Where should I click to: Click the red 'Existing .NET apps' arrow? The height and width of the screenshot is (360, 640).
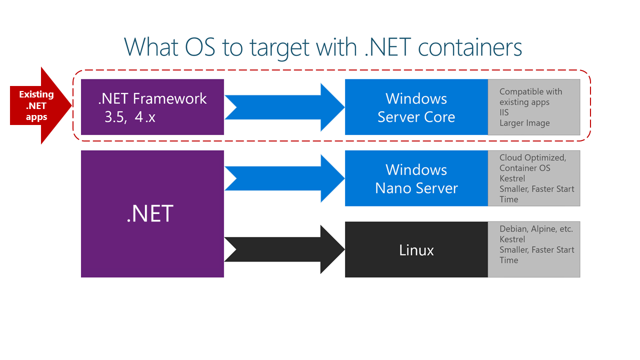(37, 105)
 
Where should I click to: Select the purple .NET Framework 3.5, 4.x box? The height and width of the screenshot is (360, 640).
(152, 107)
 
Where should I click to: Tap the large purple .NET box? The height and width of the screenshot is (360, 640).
(152, 214)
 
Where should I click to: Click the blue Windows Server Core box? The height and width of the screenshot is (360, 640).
(416, 107)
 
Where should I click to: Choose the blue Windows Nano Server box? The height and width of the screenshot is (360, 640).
(416, 178)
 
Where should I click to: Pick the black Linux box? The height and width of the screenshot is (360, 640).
(416, 249)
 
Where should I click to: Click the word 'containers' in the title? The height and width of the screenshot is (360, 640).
(469, 47)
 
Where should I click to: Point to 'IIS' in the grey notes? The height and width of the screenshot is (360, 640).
(504, 112)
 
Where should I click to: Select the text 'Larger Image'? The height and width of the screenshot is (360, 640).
(524, 123)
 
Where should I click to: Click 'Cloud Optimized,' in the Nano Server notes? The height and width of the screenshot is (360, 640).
(532, 157)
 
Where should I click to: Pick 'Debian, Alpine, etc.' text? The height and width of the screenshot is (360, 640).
(536, 229)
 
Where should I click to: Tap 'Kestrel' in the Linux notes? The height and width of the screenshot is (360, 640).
(512, 239)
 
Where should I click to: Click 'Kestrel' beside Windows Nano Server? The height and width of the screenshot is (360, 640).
(512, 178)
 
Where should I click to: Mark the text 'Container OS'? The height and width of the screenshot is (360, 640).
(524, 168)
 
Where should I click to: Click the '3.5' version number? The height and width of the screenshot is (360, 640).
(114, 117)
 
